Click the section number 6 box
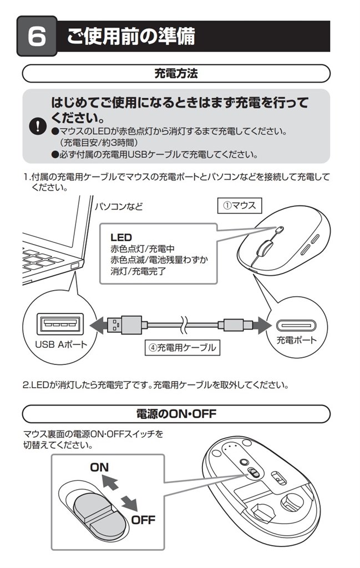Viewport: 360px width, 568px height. pyautogui.click(x=36, y=37)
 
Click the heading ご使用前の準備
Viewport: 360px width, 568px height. pyautogui.click(x=131, y=36)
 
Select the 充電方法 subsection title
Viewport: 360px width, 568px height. pyautogui.click(x=176, y=73)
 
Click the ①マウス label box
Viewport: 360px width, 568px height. pyautogui.click(x=239, y=205)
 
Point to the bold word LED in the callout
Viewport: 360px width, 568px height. pyautogui.click(x=121, y=237)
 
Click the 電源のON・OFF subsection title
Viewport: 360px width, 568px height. pyautogui.click(x=176, y=414)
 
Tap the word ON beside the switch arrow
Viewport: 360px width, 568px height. pyautogui.click(x=100, y=468)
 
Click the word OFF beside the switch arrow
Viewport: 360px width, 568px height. pyautogui.click(x=143, y=520)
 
